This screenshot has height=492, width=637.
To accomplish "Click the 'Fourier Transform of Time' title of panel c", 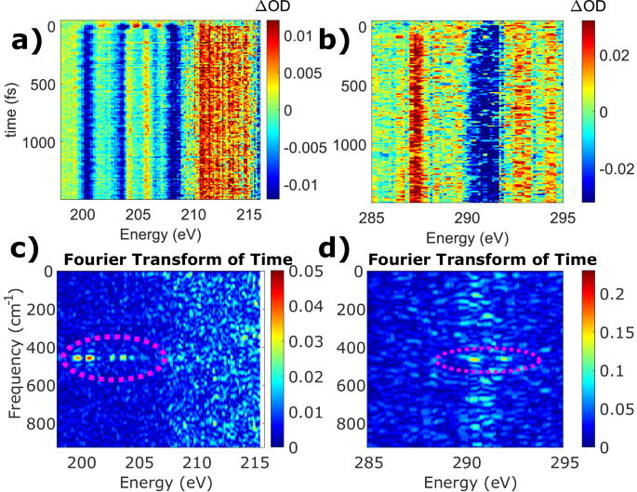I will coord(160,259).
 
